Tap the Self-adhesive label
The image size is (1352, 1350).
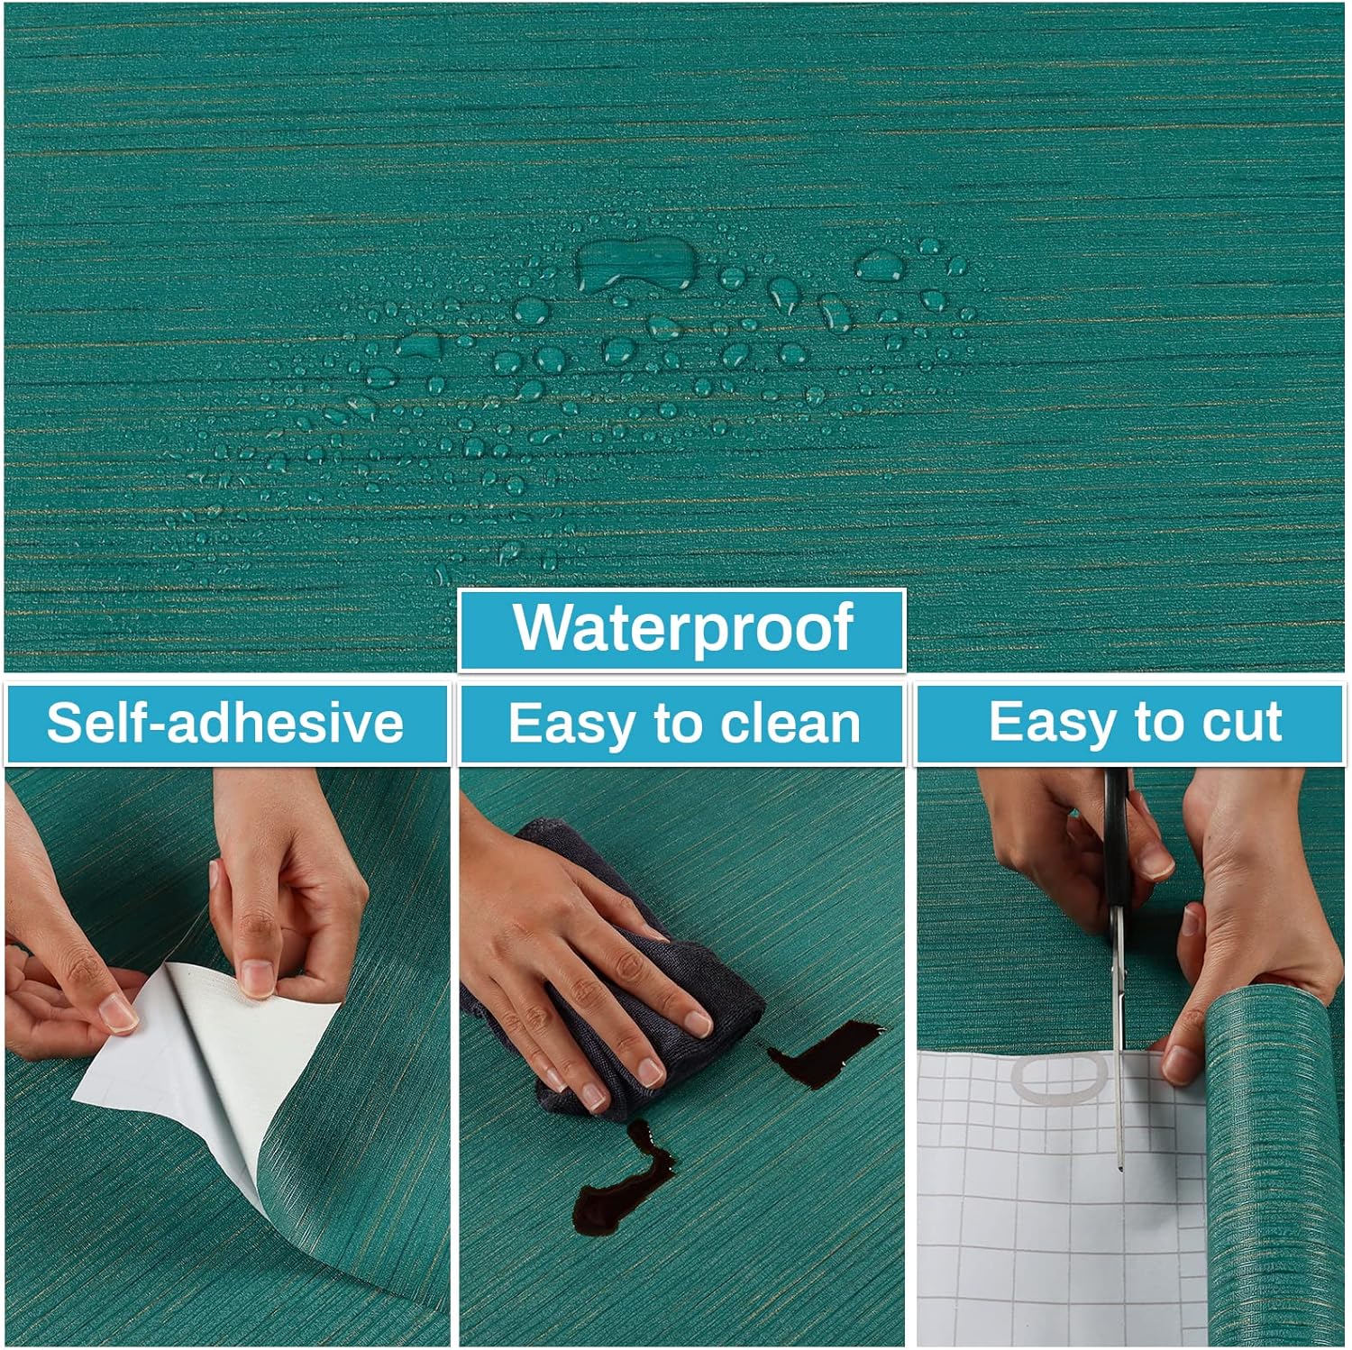tap(224, 723)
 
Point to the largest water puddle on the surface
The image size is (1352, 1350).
tap(636, 263)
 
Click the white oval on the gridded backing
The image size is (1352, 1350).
tap(1057, 1077)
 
